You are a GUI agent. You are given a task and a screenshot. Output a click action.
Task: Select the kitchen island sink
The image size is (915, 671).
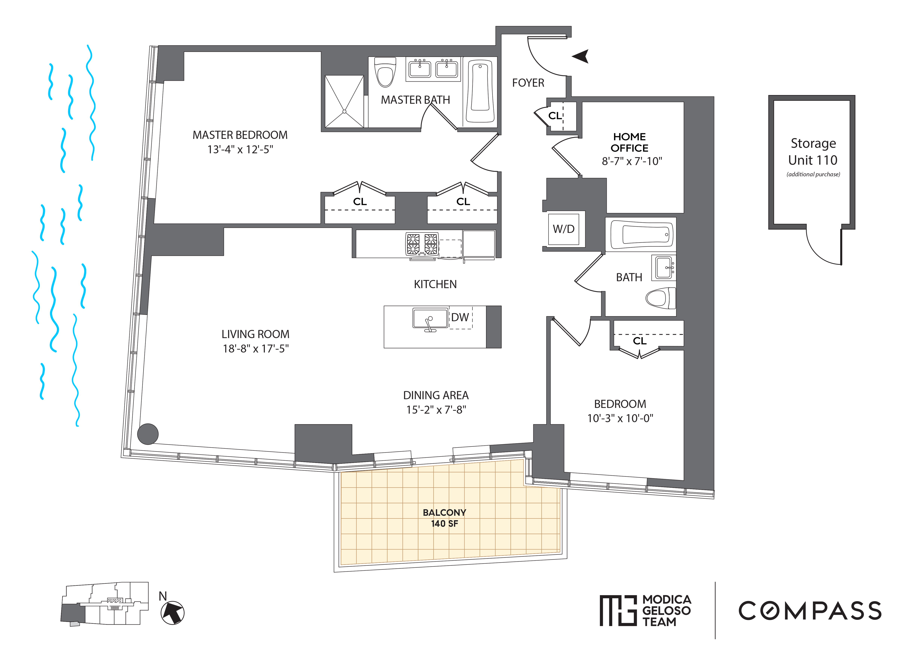(x=429, y=318)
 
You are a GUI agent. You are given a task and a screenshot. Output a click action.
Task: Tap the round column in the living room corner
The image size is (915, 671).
(x=148, y=434)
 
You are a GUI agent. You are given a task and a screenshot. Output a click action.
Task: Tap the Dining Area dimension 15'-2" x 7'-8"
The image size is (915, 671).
(x=436, y=410)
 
